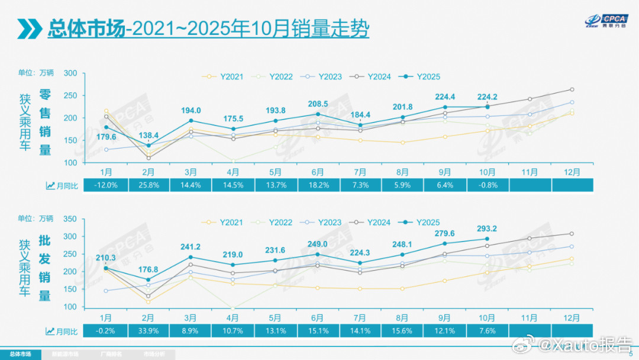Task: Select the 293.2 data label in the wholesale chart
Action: pos(486,228)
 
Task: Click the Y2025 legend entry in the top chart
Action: pos(421,76)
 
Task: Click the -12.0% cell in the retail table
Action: pos(106,185)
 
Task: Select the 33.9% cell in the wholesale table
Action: pos(148,330)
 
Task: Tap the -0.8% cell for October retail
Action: pos(486,185)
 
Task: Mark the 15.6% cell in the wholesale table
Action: pos(402,330)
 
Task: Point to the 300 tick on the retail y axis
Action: pos(70,73)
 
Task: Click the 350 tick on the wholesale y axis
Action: pos(70,218)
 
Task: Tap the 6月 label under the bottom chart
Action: pos(317,317)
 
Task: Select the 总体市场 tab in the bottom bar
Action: pos(21,354)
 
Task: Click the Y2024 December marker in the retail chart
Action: pos(572,89)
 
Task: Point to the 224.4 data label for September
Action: pos(444,97)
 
